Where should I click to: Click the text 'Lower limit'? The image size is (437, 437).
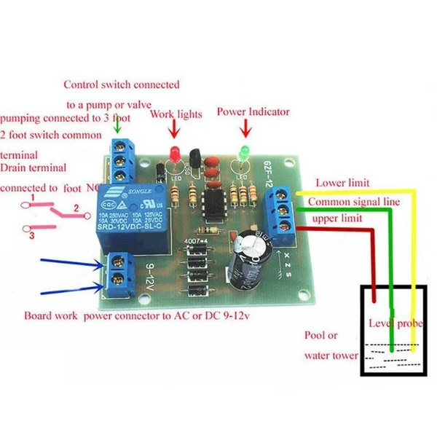click(x=342, y=181)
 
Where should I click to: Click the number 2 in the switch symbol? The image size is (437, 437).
click(x=74, y=210)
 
